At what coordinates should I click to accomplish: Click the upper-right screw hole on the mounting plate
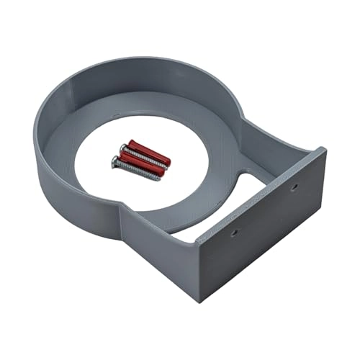click(294, 186)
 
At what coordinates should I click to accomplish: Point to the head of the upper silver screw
click(124, 148)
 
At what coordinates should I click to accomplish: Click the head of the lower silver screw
click(115, 161)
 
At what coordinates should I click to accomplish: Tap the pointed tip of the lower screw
click(160, 179)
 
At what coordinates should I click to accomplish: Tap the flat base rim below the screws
click(144, 209)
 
